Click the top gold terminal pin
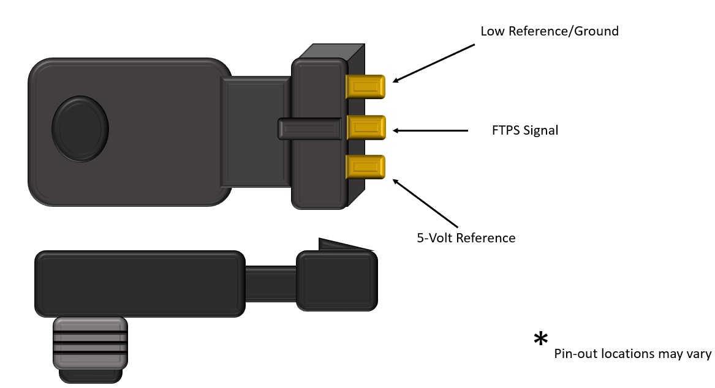[x=366, y=86]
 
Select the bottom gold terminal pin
[x=366, y=167]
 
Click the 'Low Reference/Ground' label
[x=549, y=31]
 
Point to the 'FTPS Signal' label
[x=525, y=130]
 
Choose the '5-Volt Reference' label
[x=466, y=237]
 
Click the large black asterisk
[x=540, y=339]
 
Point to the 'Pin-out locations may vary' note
[x=632, y=354]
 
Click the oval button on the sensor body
[x=80, y=129]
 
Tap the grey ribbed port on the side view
[x=90, y=343]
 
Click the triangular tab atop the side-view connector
[x=343, y=245]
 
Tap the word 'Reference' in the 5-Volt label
[x=488, y=237]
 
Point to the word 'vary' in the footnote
[x=699, y=354]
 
